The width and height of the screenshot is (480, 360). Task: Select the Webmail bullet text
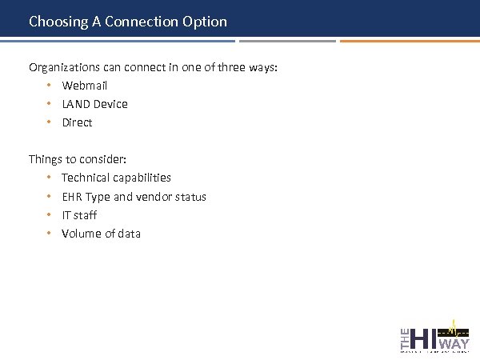pyautogui.click(x=84, y=86)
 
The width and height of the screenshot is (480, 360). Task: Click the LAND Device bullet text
pyautogui.click(x=94, y=104)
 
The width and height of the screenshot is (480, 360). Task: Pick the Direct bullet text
pyautogui.click(x=77, y=122)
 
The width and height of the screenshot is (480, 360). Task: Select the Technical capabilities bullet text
pyautogui.click(x=116, y=178)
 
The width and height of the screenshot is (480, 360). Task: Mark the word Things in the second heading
pyautogui.click(x=45, y=159)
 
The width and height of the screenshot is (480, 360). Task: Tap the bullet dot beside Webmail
pyautogui.click(x=49, y=86)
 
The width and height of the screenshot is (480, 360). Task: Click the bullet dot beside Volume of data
pyautogui.click(x=49, y=234)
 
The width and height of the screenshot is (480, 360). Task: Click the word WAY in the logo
pyautogui.click(x=454, y=344)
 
